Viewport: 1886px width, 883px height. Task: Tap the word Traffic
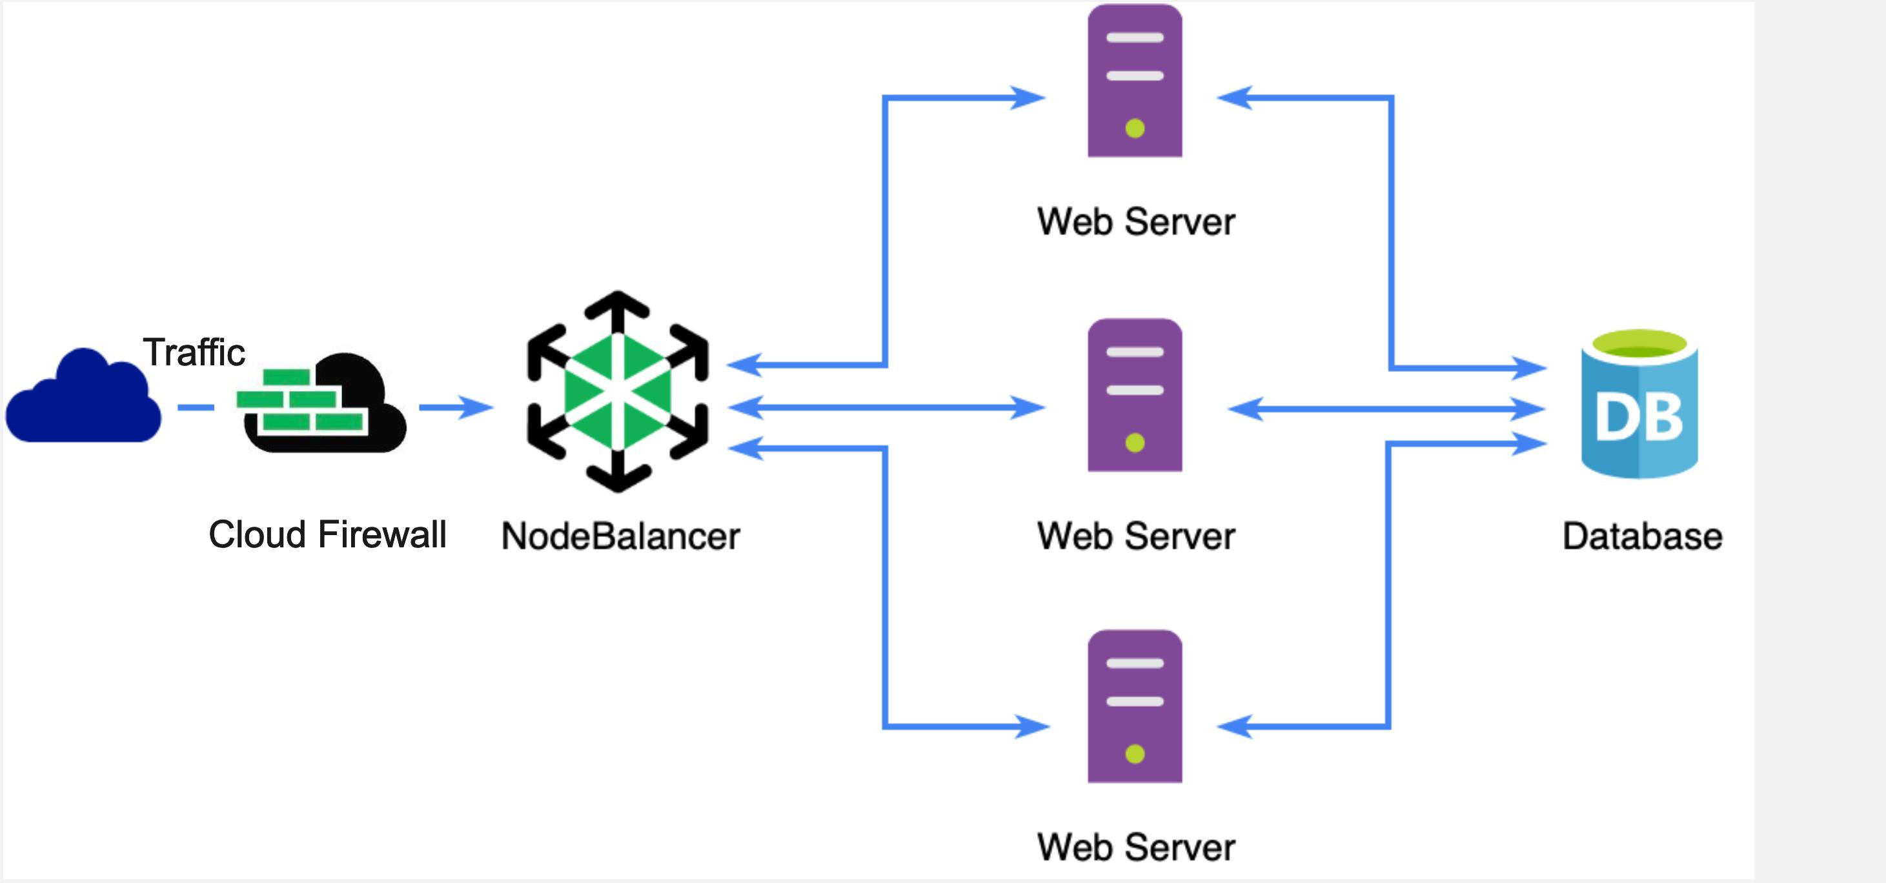click(x=193, y=352)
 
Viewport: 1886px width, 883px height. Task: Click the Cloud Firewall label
click(x=327, y=534)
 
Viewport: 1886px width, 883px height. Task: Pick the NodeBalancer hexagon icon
click(x=617, y=392)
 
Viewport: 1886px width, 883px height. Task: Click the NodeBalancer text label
click(x=620, y=536)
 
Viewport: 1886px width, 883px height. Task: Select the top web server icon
click(x=1134, y=81)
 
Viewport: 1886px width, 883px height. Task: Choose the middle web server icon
click(x=1134, y=396)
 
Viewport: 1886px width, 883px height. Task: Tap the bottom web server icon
click(x=1134, y=707)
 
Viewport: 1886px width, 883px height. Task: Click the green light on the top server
click(x=1135, y=129)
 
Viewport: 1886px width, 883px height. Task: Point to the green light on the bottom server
click(x=1135, y=754)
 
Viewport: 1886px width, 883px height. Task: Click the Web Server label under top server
click(x=1135, y=222)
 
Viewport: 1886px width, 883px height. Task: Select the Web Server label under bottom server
click(x=1135, y=847)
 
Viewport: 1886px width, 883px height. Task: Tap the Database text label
click(x=1641, y=536)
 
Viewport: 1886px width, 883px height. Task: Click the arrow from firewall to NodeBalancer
click(x=457, y=407)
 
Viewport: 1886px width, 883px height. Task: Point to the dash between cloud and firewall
click(x=196, y=407)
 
